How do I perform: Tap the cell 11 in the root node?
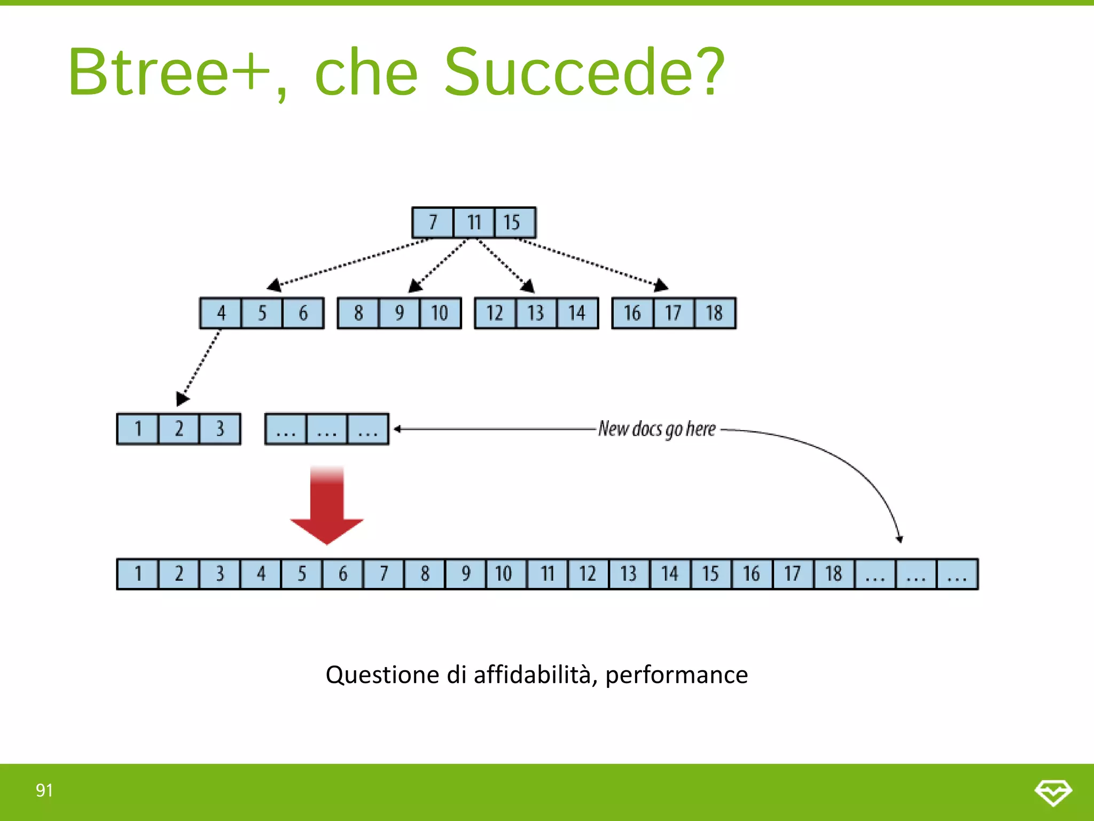click(474, 222)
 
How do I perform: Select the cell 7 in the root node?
click(433, 222)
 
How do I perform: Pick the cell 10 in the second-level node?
click(440, 313)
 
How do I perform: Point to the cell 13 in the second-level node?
click(536, 313)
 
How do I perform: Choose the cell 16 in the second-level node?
click(632, 313)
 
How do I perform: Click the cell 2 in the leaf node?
click(179, 429)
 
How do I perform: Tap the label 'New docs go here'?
click(657, 429)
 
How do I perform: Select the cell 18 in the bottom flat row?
click(833, 574)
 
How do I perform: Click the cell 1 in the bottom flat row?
click(138, 574)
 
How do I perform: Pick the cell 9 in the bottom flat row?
click(466, 574)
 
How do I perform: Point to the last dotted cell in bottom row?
click(957, 574)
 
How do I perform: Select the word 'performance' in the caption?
click(676, 675)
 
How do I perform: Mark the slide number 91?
click(44, 790)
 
